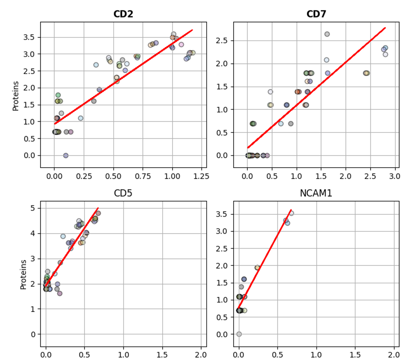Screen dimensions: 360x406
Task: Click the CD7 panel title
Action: point(316,14)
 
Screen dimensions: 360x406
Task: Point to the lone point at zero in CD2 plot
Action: point(66,155)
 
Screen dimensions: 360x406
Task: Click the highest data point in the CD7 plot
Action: point(327,34)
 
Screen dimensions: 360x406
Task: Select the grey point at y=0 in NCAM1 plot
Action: point(239,334)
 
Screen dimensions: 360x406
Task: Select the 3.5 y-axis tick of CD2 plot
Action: point(30,37)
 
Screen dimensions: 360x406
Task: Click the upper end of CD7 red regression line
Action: point(385,28)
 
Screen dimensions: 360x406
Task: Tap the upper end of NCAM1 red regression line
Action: point(291,210)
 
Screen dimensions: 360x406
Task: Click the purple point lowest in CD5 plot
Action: point(60,293)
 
